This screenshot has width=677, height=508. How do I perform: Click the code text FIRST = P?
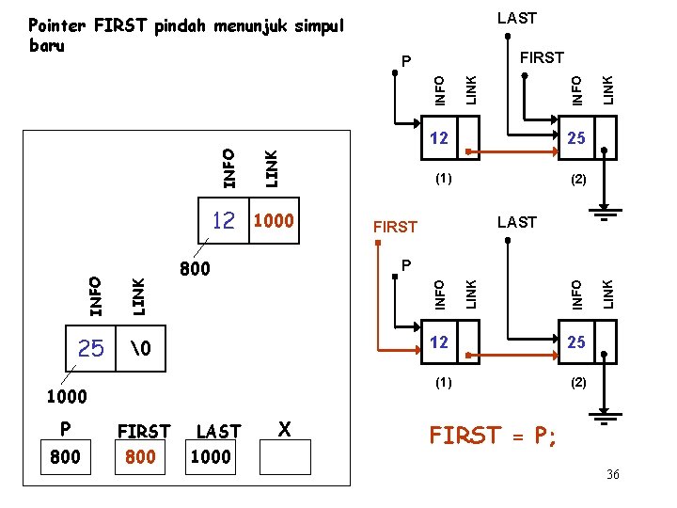(493, 436)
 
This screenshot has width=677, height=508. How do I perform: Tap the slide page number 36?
(612, 474)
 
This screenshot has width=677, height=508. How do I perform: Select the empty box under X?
(285, 456)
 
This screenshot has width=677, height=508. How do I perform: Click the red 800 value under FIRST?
(141, 456)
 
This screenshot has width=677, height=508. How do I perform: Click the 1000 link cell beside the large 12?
(274, 221)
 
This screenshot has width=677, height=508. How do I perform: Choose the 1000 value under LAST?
(211, 456)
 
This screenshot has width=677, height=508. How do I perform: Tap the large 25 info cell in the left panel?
(91, 349)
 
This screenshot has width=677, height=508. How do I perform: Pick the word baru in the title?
(47, 46)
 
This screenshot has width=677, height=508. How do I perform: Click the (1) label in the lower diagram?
(442, 383)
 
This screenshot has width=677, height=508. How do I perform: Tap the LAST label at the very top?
(516, 17)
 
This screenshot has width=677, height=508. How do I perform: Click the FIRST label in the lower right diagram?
(394, 227)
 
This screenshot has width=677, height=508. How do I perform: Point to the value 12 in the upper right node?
(438, 138)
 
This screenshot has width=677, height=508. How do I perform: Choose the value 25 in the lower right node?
(576, 343)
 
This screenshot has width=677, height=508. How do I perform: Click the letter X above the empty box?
(284, 429)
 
